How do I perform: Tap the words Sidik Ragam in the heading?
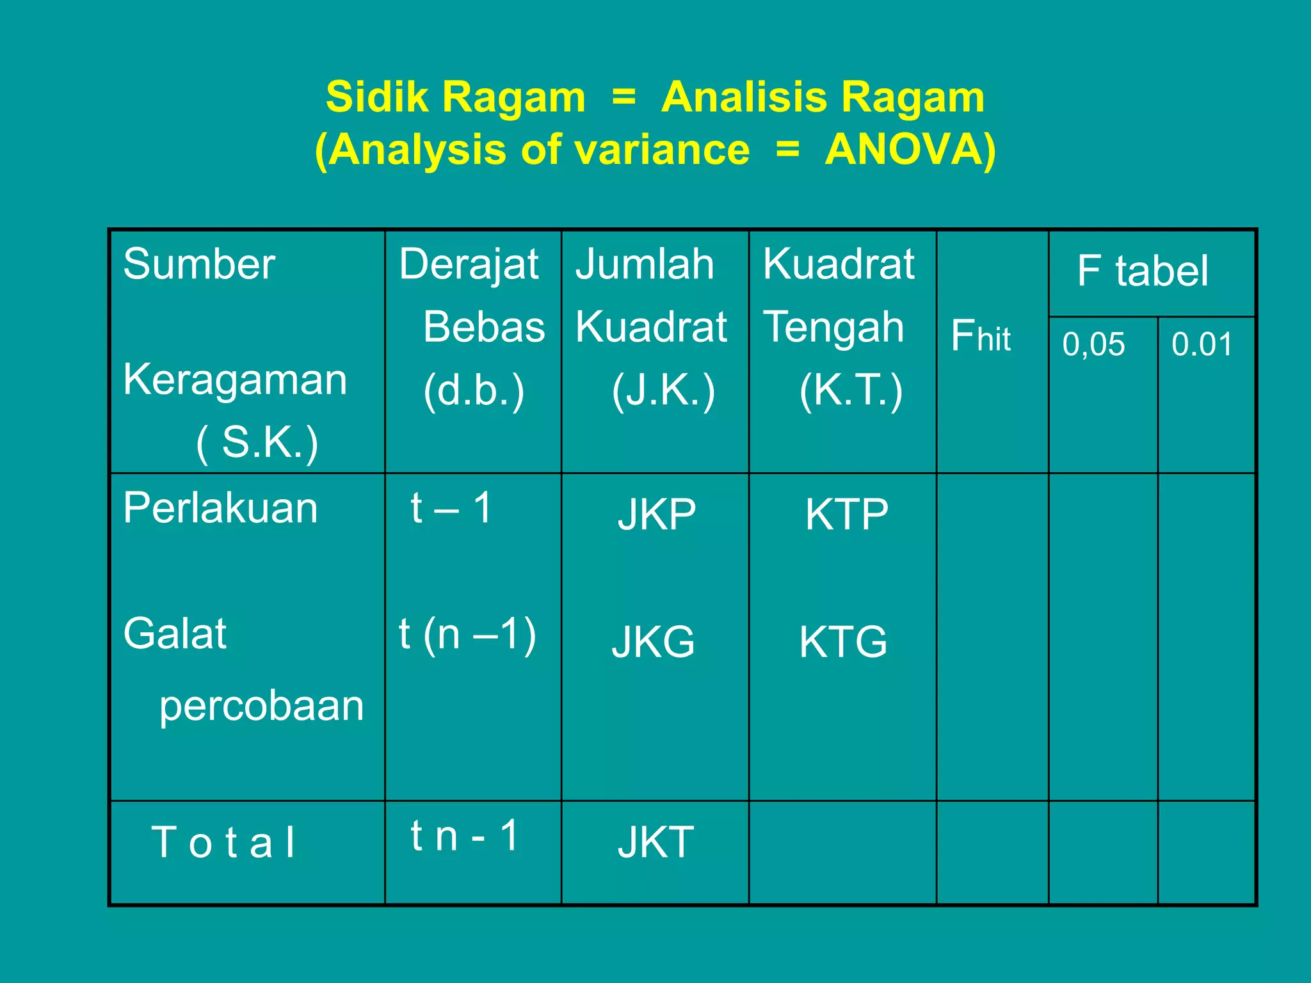tap(455, 97)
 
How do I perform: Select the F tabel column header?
tap(1143, 271)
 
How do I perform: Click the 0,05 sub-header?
tap(1093, 344)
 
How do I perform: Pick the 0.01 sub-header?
tap(1202, 344)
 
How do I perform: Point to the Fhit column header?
tap(980, 337)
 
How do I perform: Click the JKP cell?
tap(657, 515)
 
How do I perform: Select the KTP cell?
tap(847, 515)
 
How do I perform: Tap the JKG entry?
tap(654, 642)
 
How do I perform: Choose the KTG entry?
tap(843, 642)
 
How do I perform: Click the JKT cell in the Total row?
tap(655, 842)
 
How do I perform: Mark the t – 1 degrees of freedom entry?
tap(451, 508)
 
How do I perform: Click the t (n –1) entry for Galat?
tap(467, 635)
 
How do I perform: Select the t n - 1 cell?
tap(464, 836)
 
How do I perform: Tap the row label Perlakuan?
tap(220, 508)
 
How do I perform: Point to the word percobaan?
tap(261, 707)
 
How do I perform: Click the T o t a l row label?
tap(223, 842)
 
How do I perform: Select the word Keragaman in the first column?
tap(235, 380)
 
